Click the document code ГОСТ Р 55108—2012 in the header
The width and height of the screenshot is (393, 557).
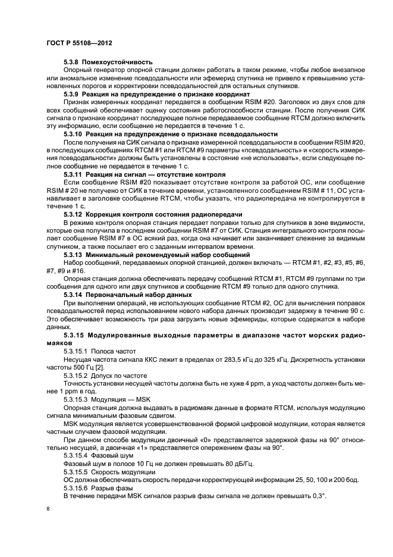tap(80, 44)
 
